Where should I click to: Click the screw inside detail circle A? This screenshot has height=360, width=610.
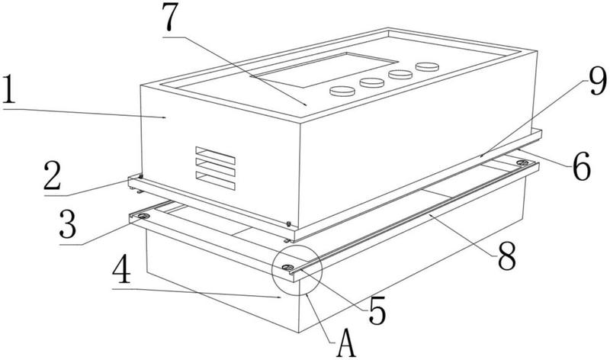(x=290, y=268)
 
